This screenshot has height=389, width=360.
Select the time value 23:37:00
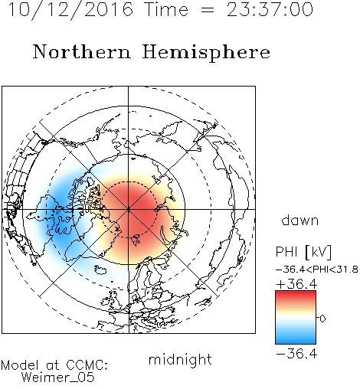[x=270, y=10]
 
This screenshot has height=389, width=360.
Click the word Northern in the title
[x=82, y=52]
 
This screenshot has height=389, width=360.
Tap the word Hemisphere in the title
[x=206, y=53]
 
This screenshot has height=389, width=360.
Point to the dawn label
[x=300, y=220]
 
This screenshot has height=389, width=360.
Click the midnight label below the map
[x=180, y=360]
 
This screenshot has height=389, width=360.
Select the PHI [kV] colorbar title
[x=303, y=252]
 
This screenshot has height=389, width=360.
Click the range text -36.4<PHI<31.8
[x=317, y=270]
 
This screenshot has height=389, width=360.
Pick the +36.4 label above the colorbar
[x=296, y=284]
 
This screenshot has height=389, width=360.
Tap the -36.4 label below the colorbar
[x=296, y=354]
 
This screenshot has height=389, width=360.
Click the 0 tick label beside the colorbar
[x=322, y=319]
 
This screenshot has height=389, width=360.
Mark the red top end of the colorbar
[x=296, y=292]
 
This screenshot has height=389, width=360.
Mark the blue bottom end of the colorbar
[x=296, y=342]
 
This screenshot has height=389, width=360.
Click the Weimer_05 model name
[x=58, y=378]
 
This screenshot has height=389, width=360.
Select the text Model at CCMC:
[x=54, y=365]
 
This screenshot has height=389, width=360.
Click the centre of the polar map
[x=129, y=209]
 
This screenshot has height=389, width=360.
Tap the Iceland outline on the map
[x=100, y=270]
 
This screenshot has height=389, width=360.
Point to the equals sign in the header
[x=207, y=11]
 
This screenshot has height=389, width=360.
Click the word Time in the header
[x=166, y=10]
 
